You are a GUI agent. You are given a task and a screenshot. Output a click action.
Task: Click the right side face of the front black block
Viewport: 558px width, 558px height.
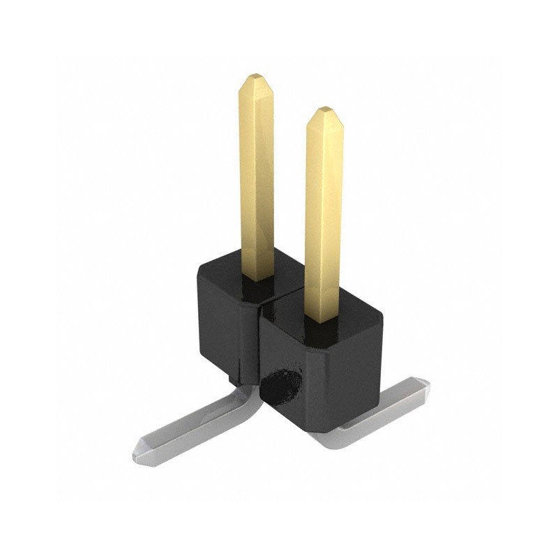pos(366,377)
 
